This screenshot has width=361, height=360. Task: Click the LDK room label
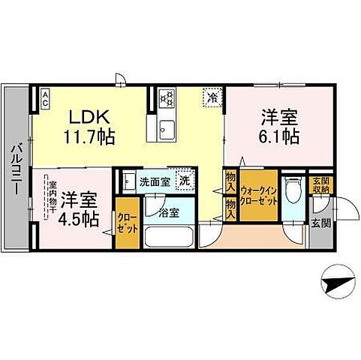click(x=91, y=118)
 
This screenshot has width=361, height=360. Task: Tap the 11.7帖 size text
click(x=89, y=137)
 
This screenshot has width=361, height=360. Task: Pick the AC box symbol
click(x=45, y=96)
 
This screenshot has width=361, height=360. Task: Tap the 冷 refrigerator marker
click(x=212, y=97)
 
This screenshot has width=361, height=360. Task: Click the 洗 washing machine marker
click(x=183, y=181)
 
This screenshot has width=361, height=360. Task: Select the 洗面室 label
click(x=151, y=181)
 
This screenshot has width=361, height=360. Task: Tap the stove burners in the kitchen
click(x=167, y=98)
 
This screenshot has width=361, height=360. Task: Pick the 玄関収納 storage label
click(x=318, y=184)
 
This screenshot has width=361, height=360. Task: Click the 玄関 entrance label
click(x=318, y=223)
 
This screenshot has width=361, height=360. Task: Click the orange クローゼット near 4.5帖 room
click(x=125, y=224)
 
